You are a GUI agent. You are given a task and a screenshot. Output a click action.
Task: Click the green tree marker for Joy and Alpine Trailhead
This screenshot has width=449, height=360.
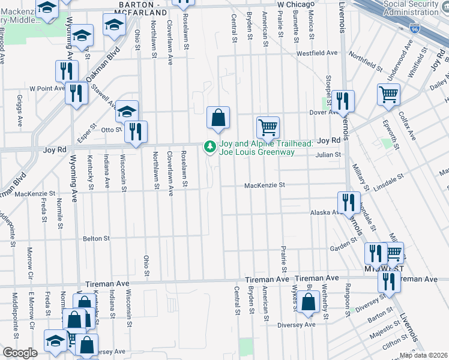tap(210, 146)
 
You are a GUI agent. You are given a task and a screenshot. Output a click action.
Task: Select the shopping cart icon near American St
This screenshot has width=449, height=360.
tap(268, 127)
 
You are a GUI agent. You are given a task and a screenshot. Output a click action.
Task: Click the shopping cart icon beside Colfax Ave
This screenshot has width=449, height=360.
tap(389, 94)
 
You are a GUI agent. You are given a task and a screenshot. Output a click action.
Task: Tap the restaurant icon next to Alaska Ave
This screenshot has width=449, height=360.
tap(348, 203)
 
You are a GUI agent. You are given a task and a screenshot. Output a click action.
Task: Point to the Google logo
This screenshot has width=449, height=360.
tap(20, 353)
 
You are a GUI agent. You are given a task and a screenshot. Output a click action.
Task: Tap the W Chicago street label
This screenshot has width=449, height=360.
tap(295, 4)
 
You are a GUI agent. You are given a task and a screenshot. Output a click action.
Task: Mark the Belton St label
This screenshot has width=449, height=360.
tap(96, 238)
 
